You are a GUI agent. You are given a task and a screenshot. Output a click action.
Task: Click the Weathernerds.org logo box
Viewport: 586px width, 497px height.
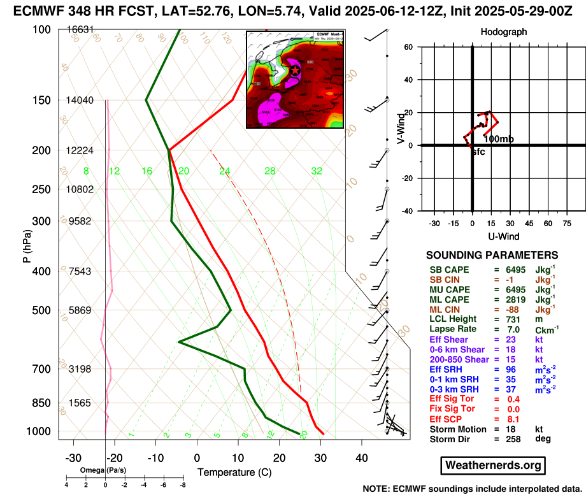493,466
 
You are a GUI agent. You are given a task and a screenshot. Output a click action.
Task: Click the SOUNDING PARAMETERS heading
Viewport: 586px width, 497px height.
492,254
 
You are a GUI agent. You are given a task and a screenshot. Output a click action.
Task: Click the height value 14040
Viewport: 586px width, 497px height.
79,100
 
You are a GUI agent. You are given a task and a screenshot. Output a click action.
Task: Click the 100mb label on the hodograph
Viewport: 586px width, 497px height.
499,139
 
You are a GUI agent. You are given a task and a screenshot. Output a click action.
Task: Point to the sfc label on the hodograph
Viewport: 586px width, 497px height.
478,152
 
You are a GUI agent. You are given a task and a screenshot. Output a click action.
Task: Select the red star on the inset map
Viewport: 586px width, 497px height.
295,71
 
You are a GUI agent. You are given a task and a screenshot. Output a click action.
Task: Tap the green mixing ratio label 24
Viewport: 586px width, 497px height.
224,171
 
